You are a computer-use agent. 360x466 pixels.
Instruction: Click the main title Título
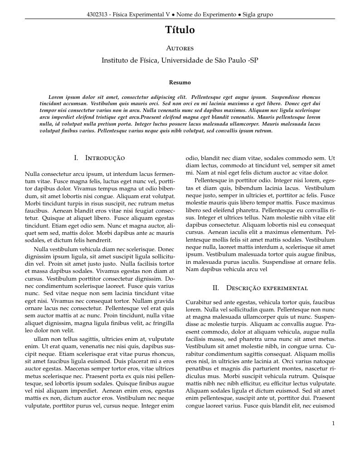[180, 30]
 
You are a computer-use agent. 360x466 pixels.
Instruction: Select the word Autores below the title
[180, 48]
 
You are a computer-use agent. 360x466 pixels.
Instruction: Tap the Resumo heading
[180, 83]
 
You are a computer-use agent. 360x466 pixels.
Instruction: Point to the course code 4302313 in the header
[97, 15]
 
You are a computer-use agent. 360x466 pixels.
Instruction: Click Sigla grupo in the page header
[258, 15]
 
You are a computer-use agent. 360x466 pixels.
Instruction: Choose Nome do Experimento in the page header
[209, 15]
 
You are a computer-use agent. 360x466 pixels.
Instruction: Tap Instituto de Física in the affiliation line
[129, 60]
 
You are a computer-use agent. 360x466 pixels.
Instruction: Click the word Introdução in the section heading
[105, 158]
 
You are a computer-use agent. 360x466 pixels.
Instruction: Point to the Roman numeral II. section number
[216, 288]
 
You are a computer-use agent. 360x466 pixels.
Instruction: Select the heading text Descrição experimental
[267, 288]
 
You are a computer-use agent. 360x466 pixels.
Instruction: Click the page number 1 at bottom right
[333, 423]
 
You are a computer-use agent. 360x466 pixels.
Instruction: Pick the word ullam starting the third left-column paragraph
[41, 339]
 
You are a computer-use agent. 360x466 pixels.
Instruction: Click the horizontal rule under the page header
[180, 19]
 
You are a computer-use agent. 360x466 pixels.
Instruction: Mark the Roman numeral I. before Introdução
[76, 158]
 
